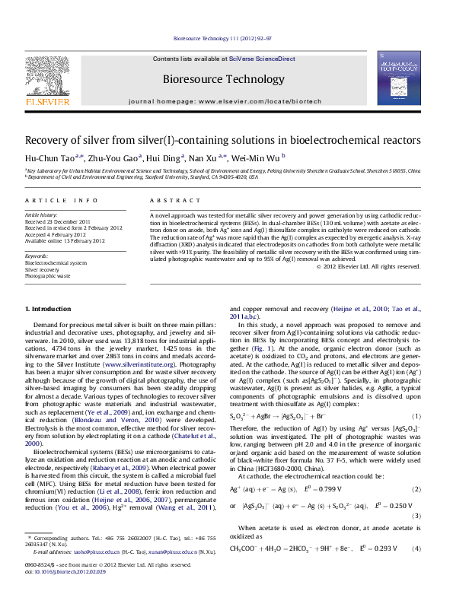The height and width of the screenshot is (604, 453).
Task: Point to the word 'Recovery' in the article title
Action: coord(49,141)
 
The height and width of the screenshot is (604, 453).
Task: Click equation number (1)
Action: coord(416,415)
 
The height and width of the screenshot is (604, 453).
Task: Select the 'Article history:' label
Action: coord(40,215)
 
